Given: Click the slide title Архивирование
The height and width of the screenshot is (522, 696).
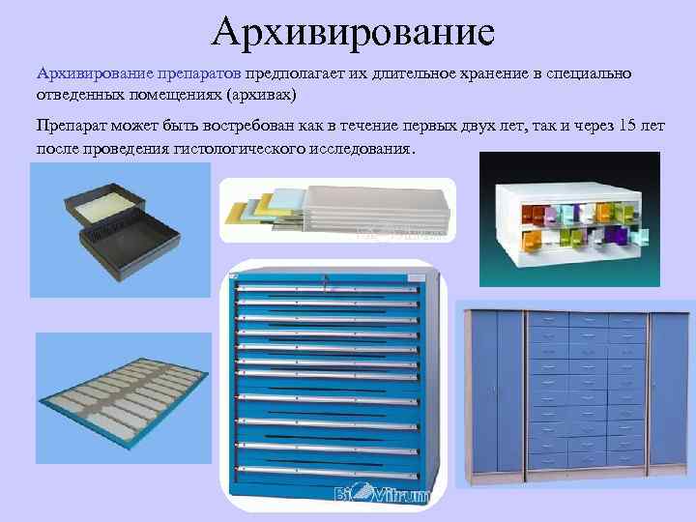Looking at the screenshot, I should pyautogui.click(x=353, y=31).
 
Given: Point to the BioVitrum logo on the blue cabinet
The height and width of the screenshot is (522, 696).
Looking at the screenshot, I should pyautogui.click(x=372, y=496).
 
